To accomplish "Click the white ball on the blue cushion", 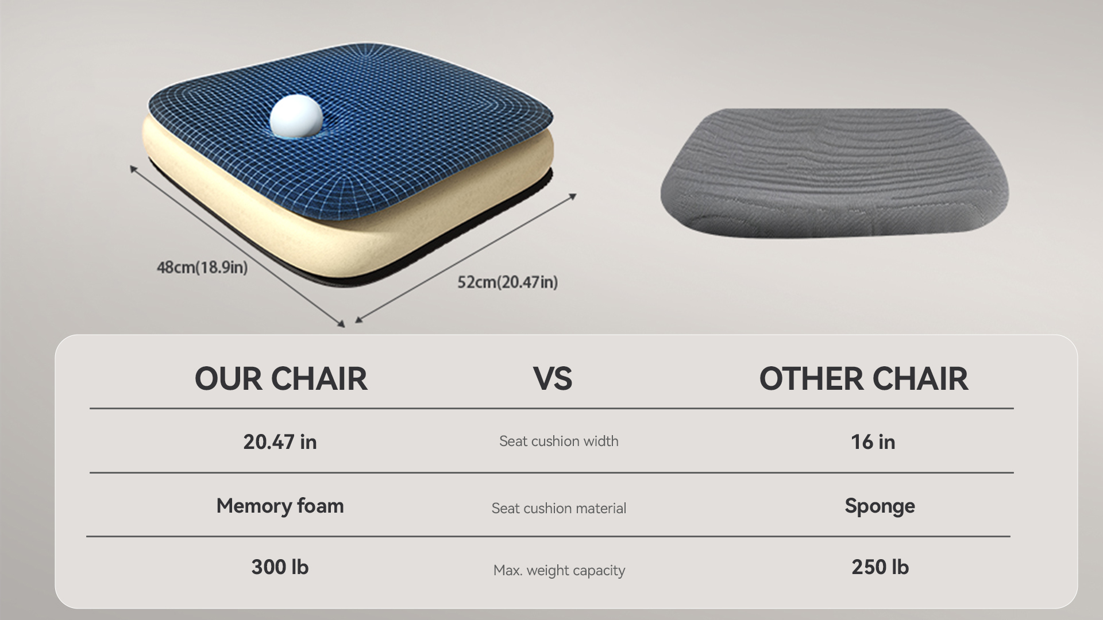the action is coord(296,117).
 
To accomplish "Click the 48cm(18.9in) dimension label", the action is coord(202,268).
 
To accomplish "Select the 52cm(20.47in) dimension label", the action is coord(507,282).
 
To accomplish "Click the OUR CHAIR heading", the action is coord(281,379).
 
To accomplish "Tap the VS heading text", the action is coord(553,379).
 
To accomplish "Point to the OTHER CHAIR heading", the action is coord(863,379).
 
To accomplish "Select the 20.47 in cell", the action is coord(280,441).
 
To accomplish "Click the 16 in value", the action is coord(873,441).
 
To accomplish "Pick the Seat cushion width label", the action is coord(559,441).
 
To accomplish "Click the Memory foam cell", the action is coord(280,505).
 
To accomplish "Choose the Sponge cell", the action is coord(880,506).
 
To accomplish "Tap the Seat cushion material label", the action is coord(559,508).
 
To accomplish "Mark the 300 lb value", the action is coord(280,567).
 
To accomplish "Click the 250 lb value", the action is coord(880,567).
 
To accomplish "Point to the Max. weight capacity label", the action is coord(559,571).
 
